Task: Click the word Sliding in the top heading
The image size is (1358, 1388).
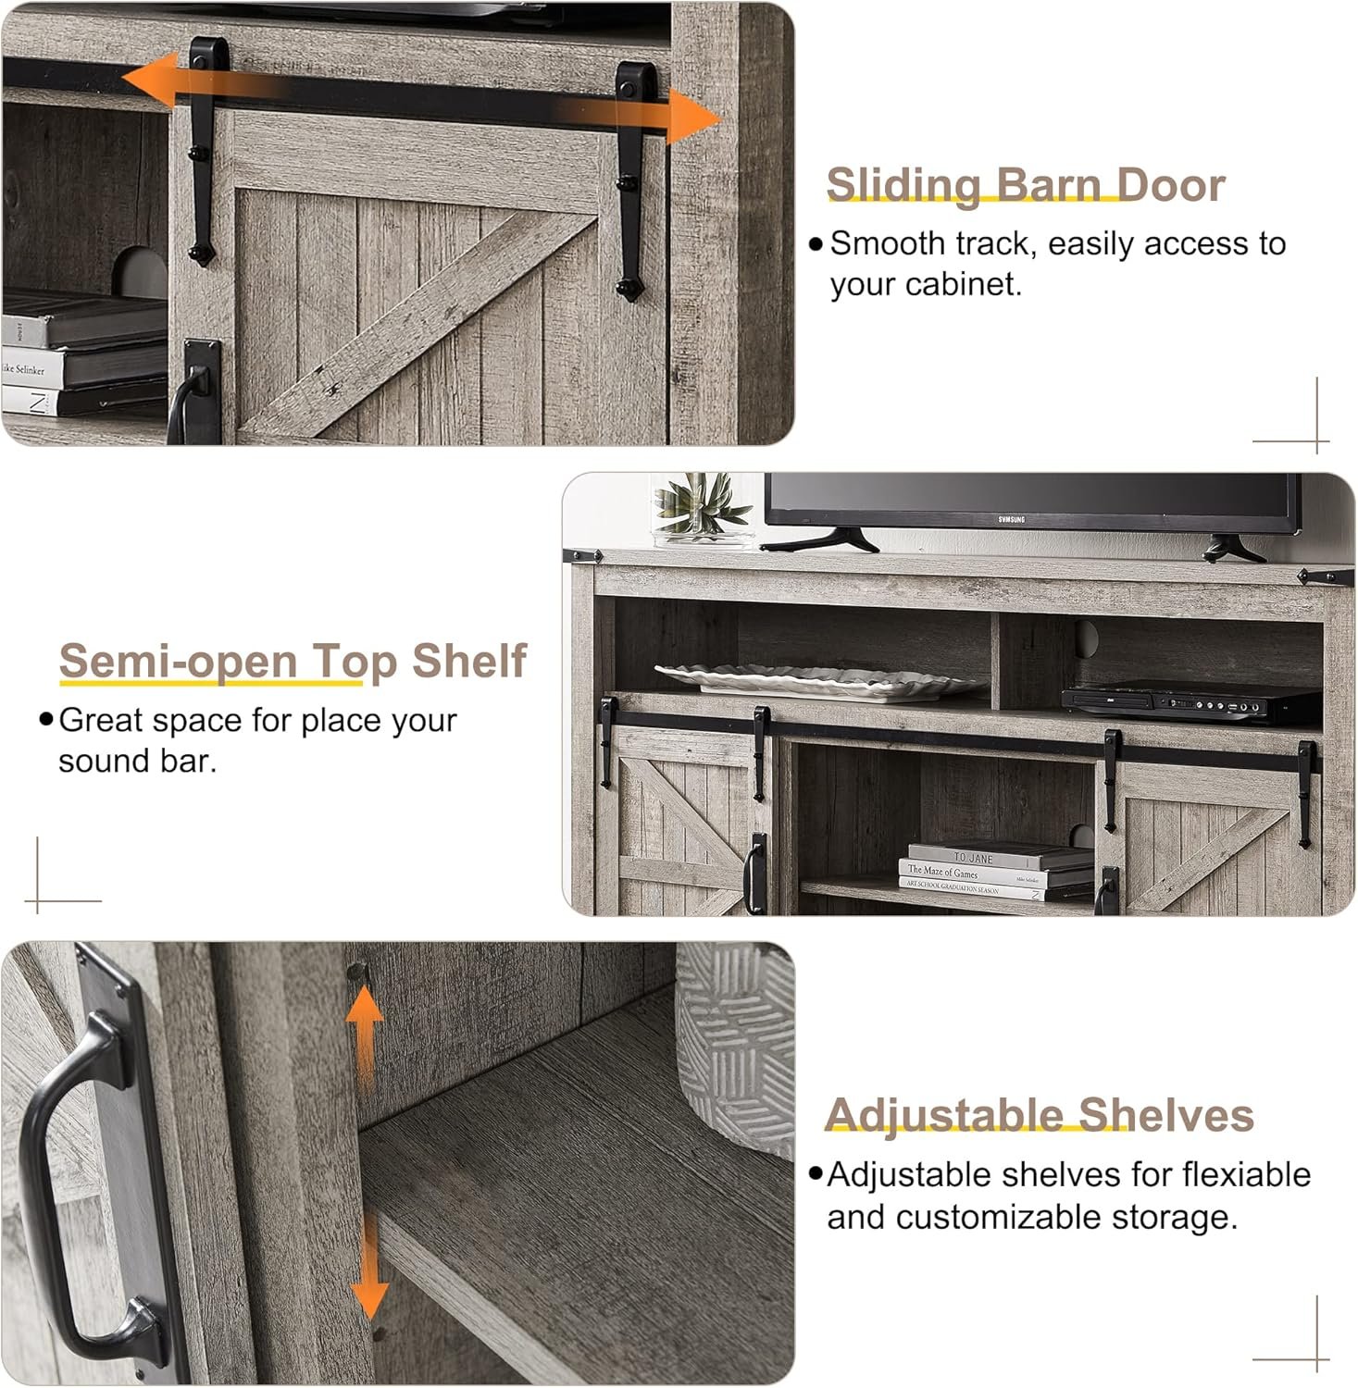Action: point(903,185)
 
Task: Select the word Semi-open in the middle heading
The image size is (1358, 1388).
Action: point(179,661)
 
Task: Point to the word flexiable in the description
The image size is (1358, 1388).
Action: point(1247,1174)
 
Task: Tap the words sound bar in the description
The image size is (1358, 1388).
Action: point(137,761)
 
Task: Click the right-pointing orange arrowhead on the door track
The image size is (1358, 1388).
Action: point(693,118)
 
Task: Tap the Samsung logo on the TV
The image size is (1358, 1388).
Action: point(1011,520)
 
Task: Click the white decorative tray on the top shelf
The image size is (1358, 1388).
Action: point(818,680)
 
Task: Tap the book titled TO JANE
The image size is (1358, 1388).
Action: point(1000,855)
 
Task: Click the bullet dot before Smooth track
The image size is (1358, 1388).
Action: point(816,244)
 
